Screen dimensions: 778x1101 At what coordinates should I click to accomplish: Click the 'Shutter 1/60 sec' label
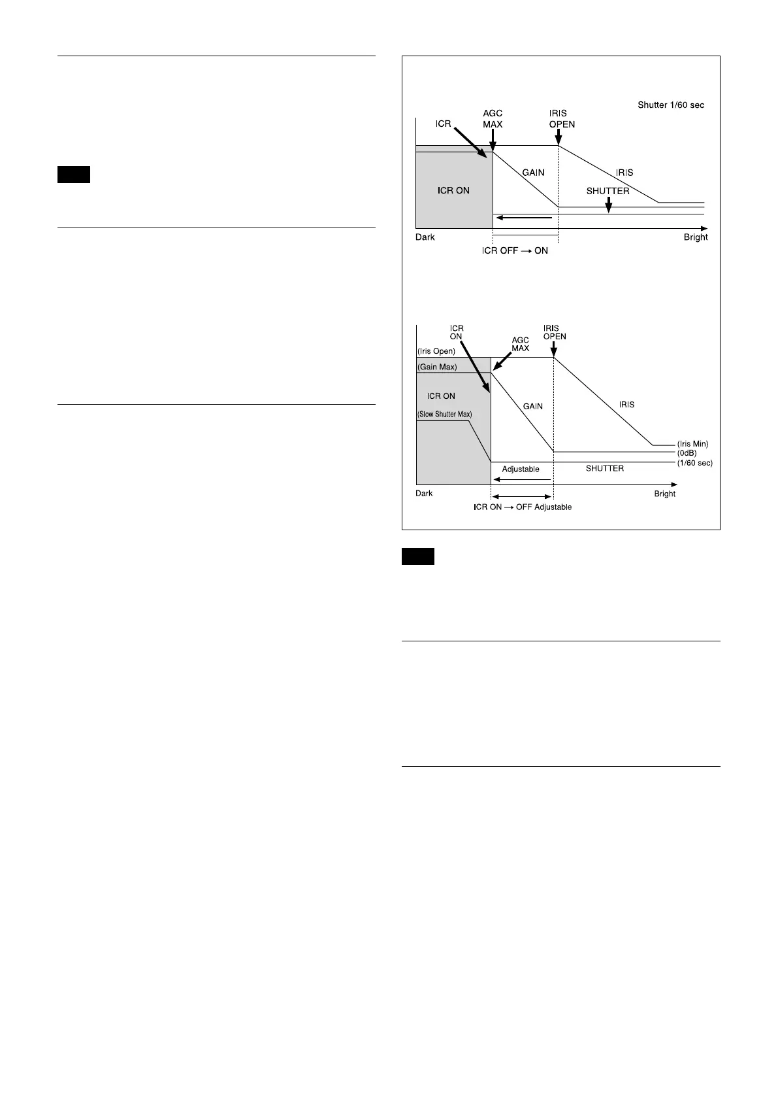pos(670,105)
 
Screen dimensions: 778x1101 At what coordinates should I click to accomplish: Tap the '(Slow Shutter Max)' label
pos(444,415)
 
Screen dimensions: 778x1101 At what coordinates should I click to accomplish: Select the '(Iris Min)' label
pos(692,444)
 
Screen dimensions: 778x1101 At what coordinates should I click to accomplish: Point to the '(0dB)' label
pos(687,452)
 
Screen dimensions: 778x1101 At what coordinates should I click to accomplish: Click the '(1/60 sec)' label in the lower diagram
pos(694,463)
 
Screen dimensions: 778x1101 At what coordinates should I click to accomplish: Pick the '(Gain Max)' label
pos(437,367)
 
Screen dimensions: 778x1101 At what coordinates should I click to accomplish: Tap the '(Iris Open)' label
pos(436,351)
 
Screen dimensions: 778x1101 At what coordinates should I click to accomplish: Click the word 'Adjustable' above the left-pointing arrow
pos(521,469)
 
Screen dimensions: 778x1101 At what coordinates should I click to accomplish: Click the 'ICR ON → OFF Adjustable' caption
pos(523,507)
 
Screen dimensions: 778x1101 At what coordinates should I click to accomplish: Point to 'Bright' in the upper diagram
pos(696,237)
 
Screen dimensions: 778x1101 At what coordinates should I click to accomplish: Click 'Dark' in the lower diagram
pos(424,494)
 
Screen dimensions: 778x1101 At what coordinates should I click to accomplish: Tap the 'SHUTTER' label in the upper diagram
pos(608,192)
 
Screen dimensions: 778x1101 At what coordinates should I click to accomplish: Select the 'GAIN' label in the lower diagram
pos(532,406)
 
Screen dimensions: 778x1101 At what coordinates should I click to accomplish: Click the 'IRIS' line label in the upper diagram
pos(624,173)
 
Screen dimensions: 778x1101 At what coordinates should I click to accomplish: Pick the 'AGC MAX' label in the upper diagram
pos(493,118)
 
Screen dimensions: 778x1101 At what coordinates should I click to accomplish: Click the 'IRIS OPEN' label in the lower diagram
pos(555,333)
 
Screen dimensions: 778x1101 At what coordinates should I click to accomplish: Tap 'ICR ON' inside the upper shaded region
pos(453,191)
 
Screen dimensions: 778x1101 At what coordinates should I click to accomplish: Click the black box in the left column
pos(73,175)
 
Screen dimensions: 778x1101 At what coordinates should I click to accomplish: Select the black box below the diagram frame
pos(417,557)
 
